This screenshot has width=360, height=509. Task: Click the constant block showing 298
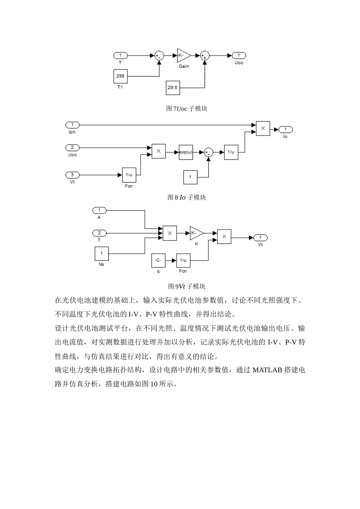point(120,76)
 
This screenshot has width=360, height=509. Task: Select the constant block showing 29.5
point(172,87)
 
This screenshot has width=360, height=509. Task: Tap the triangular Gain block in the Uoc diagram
point(183,55)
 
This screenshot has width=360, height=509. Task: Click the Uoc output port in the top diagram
point(239,55)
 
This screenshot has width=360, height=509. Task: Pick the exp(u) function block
point(186,152)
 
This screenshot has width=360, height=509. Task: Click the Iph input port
point(72,125)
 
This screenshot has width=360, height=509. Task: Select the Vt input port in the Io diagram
point(72,175)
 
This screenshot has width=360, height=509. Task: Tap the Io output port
point(286,130)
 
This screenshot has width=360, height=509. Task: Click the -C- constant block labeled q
point(158,260)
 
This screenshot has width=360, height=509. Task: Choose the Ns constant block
point(101,253)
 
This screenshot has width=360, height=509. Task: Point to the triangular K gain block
point(196,233)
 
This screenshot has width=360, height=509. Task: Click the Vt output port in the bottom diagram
point(260,237)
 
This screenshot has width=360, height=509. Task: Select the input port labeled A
point(99,210)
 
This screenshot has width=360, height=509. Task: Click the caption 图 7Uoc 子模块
point(187,109)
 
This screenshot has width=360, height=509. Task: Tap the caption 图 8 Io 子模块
point(187,197)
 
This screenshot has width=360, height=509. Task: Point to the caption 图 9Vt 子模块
point(187,286)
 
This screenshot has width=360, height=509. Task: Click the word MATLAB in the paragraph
point(267,370)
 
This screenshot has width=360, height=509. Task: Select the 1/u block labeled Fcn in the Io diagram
point(129,175)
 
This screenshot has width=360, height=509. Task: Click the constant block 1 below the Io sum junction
point(190,177)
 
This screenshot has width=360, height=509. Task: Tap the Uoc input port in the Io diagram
point(72,148)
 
